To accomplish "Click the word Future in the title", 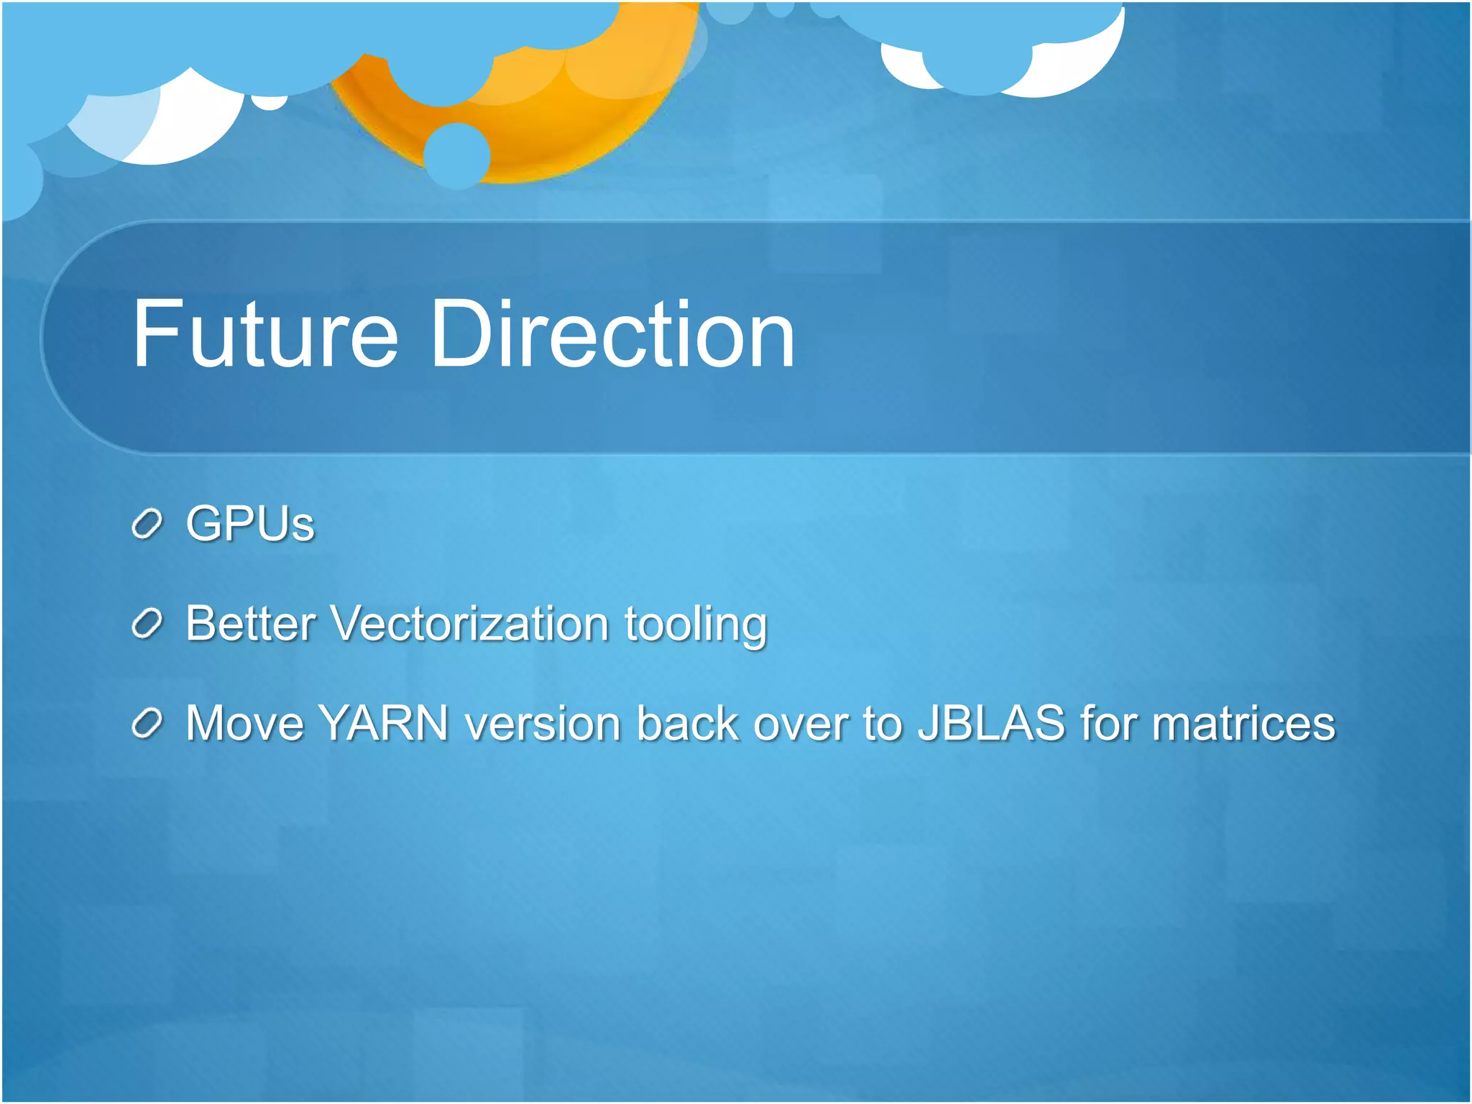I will [x=264, y=335].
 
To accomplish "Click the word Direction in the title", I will [x=612, y=335].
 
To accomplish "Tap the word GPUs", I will [x=249, y=523].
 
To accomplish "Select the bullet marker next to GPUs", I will [x=147, y=525].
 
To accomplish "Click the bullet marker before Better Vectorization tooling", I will [x=147, y=624].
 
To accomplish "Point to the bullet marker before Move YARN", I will [x=147, y=724].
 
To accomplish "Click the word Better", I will [x=250, y=622].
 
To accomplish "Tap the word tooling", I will [x=695, y=624].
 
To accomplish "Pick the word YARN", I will [x=384, y=722].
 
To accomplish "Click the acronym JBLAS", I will [x=992, y=722].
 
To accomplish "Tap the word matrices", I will [x=1243, y=722].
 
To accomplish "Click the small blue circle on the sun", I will [x=457, y=155].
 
